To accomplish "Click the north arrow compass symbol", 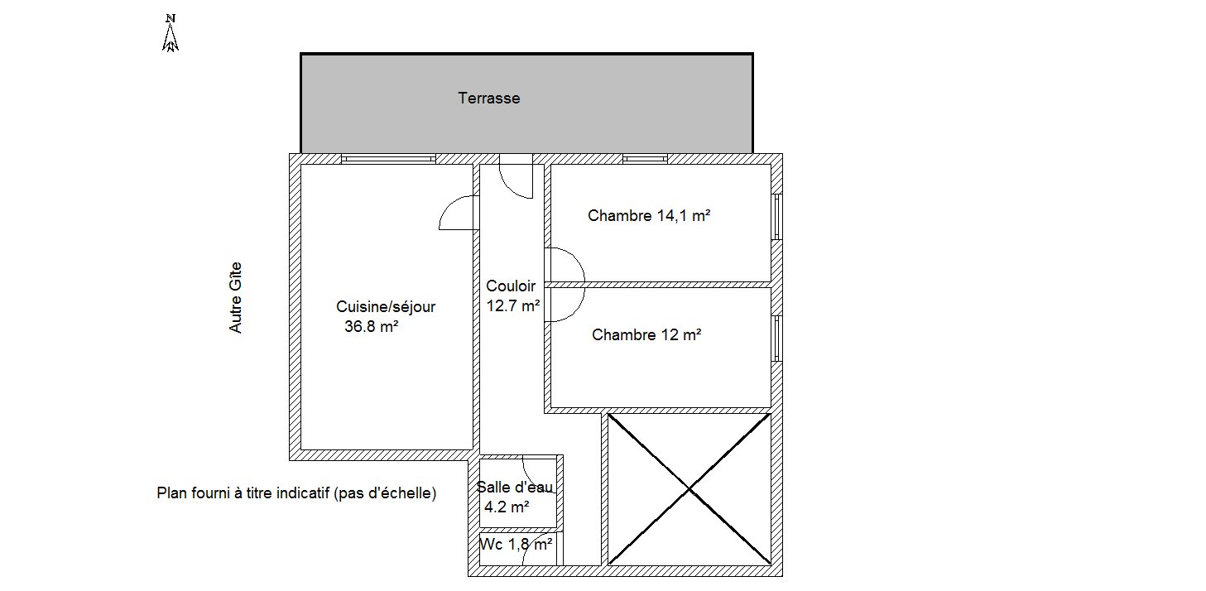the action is (171, 33).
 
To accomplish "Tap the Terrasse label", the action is (489, 98).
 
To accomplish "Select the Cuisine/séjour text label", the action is (386, 307).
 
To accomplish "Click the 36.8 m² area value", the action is (371, 326).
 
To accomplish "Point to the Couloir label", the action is (511, 286).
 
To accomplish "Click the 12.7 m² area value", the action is (513, 305).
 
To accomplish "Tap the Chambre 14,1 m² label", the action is (649, 216).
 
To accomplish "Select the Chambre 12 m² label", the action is (646, 334).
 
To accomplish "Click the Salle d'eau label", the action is (515, 487).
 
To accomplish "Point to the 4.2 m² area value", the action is (506, 507).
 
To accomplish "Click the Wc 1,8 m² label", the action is (516, 544).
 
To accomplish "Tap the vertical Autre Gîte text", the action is (235, 298).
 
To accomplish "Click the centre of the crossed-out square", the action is (689, 488).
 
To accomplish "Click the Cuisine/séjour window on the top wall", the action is (388, 159).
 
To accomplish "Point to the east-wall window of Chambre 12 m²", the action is (776, 338).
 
